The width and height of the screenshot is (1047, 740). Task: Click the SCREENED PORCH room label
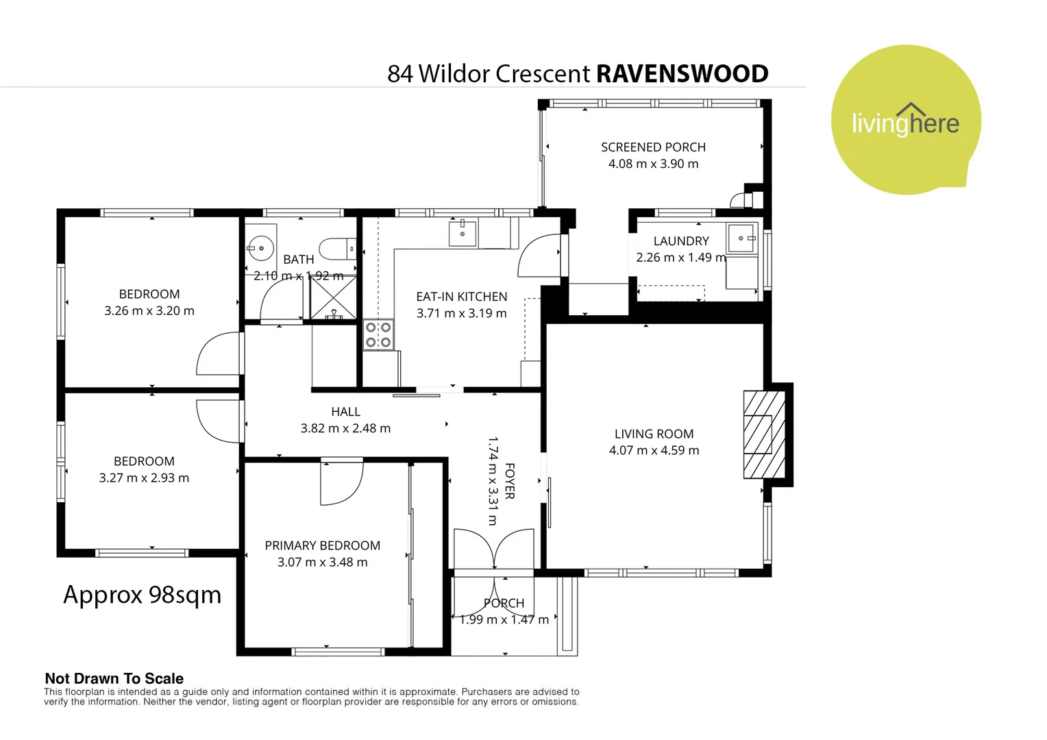(653, 147)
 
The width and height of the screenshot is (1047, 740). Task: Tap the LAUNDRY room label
(681, 241)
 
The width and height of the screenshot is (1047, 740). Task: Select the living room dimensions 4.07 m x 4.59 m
(654, 450)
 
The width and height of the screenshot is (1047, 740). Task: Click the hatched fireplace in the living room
(763, 434)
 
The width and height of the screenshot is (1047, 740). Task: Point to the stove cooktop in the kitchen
(378, 335)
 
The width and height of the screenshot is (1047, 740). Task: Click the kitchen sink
(463, 233)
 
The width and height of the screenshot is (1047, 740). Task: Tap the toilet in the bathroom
(337, 249)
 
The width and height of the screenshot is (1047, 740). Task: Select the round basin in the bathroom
(260, 248)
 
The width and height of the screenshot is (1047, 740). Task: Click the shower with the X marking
(333, 297)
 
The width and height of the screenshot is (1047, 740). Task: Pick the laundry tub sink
(741, 238)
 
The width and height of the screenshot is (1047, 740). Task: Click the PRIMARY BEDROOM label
(322, 545)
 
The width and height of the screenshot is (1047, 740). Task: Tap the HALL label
(345, 412)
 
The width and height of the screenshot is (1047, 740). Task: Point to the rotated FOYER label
(509, 481)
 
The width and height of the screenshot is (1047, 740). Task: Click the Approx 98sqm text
(143, 595)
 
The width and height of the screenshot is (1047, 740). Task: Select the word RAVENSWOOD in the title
(682, 74)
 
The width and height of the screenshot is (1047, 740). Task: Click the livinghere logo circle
(905, 120)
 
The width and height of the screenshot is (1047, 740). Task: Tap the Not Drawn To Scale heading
(114, 678)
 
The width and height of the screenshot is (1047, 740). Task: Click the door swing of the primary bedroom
(342, 484)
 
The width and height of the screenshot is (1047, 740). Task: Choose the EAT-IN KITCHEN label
(461, 297)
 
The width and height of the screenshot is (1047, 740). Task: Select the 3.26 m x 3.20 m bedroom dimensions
(149, 310)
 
